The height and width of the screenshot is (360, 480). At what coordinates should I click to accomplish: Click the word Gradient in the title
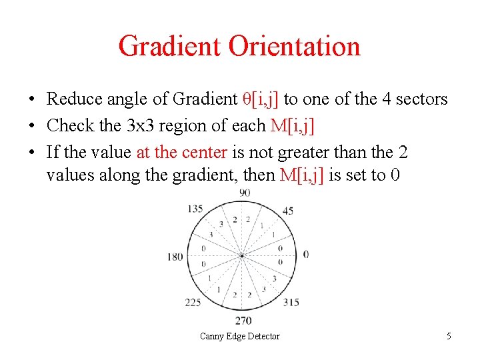coord(169,46)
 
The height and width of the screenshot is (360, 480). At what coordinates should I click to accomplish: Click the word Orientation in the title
coord(294,46)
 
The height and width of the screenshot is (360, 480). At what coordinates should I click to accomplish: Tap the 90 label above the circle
coord(245,193)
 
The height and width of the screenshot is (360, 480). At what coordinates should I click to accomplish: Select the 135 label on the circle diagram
coord(195,209)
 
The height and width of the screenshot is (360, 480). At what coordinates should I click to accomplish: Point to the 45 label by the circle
coord(289,211)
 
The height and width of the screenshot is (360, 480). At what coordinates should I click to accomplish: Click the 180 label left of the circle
coord(175,257)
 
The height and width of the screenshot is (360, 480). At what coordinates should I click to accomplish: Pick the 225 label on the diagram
coord(193,302)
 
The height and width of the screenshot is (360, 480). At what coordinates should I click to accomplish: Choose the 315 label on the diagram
coord(291,302)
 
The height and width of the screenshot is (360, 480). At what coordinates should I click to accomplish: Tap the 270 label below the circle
coord(243,321)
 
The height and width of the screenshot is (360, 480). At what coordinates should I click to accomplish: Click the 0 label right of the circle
coord(306,254)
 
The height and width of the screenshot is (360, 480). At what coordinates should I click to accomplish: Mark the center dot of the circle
coord(241,255)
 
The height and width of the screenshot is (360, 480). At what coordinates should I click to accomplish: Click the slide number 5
coord(449,336)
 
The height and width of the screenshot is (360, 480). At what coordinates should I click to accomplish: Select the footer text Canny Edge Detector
coord(240,336)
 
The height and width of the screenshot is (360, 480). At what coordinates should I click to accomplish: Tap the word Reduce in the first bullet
coord(74,99)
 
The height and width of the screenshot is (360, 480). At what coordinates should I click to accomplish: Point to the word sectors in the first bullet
coord(421,99)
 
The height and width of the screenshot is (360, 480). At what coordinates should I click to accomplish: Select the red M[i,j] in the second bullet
coord(292,125)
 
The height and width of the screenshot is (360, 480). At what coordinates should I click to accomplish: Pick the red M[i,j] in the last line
coord(303,175)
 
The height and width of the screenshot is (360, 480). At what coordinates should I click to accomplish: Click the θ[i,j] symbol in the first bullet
coord(259,99)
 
